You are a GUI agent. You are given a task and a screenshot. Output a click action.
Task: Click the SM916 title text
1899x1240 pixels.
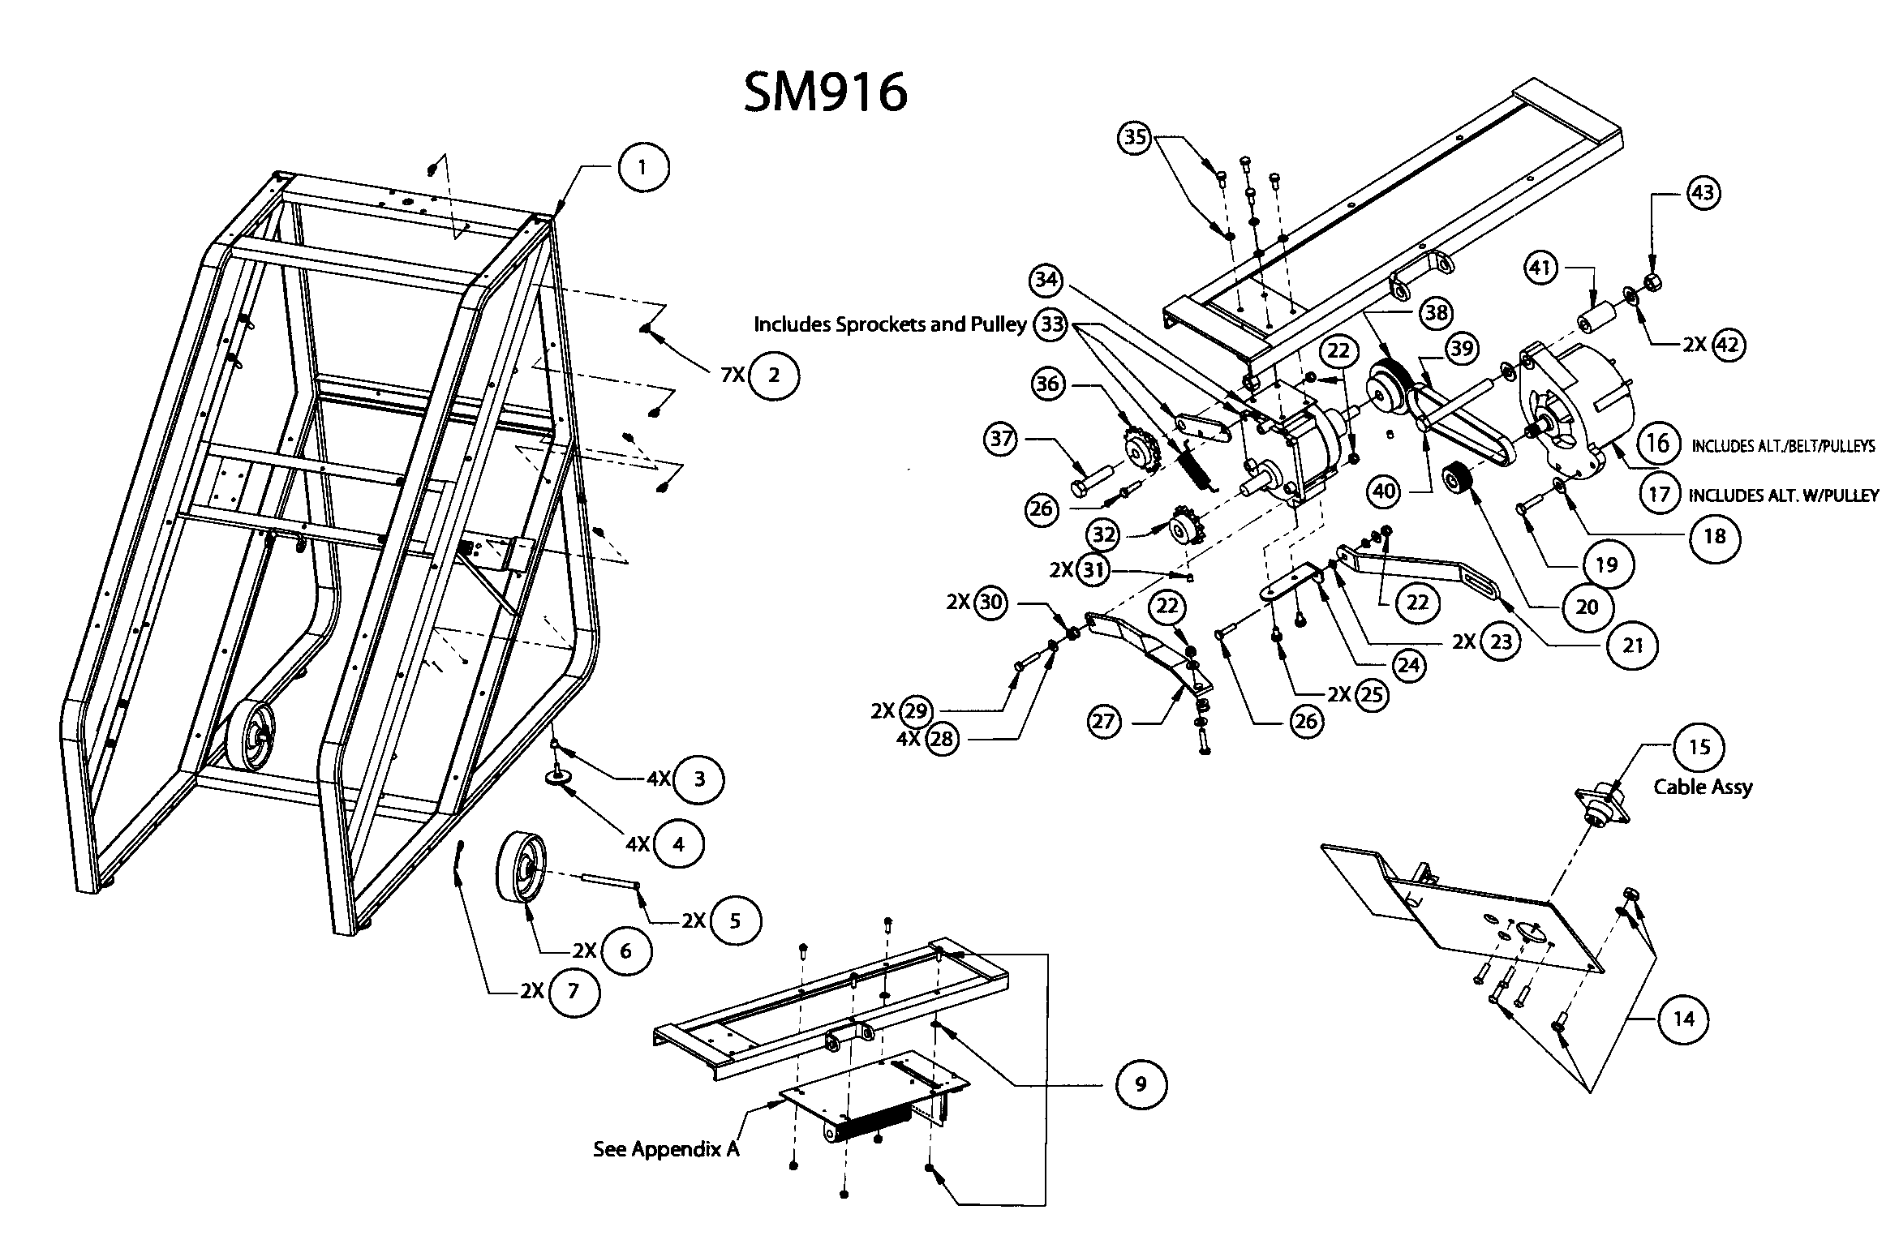[x=825, y=92]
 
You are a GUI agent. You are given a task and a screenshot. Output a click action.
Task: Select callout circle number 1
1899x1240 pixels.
[x=642, y=168]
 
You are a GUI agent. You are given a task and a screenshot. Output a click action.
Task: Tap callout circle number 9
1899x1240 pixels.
[x=1141, y=1084]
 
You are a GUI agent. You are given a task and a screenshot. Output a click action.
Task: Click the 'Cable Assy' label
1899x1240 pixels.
[x=1703, y=787]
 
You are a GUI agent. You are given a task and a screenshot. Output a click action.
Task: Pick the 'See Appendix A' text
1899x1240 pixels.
[x=666, y=1149]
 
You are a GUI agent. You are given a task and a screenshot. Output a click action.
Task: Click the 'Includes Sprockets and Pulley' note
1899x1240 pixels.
[x=890, y=324]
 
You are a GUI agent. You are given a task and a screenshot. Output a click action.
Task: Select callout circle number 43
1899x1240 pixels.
[x=1703, y=193]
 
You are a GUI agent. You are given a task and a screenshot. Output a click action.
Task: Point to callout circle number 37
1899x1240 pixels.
[x=1002, y=440]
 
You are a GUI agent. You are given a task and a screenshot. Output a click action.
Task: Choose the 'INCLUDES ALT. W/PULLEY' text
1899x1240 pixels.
[x=1783, y=495]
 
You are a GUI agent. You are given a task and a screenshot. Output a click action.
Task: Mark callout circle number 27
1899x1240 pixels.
[x=1103, y=721]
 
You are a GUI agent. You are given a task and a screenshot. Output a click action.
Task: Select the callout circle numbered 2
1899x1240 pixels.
[x=773, y=375]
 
